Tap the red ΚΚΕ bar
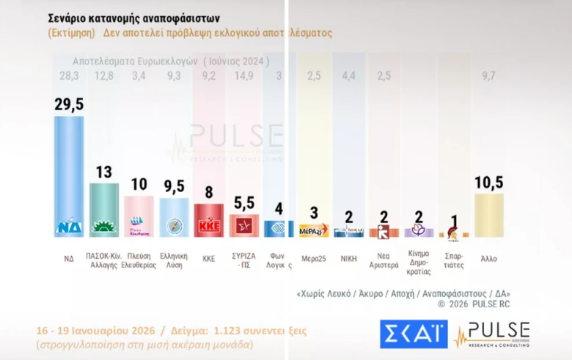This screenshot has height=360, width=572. [x=209, y=218]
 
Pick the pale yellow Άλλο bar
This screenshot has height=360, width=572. [x=489, y=214]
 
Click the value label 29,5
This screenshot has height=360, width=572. [x=69, y=105]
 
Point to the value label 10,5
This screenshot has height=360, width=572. [x=489, y=183]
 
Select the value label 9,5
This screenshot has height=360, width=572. [x=175, y=187]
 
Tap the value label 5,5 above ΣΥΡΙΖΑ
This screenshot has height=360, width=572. [x=244, y=203]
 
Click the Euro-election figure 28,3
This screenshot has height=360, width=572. [x=69, y=76]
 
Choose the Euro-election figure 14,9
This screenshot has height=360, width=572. [x=244, y=76]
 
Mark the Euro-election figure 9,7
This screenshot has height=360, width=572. [x=489, y=76]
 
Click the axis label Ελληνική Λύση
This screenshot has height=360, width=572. [x=174, y=261]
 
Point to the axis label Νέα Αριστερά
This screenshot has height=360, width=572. [x=384, y=261]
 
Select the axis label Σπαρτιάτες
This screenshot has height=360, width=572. [x=455, y=261]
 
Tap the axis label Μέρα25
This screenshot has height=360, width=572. [x=315, y=257]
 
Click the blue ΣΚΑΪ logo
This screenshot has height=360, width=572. [x=414, y=334]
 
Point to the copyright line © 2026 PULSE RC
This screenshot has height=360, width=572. [x=474, y=304]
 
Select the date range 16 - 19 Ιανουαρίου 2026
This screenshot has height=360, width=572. [x=100, y=331]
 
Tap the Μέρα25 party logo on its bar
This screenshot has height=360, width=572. [x=315, y=231]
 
